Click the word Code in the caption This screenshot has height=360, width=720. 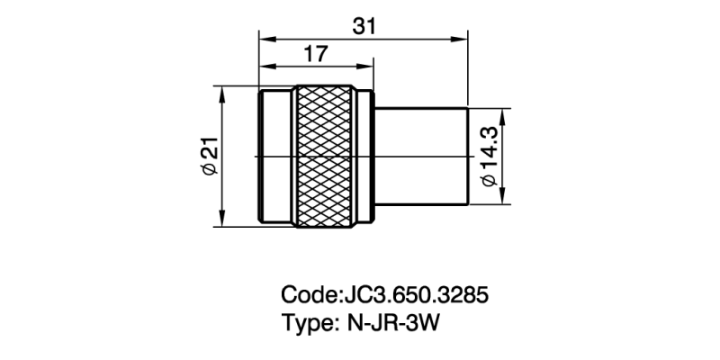tap(309, 295)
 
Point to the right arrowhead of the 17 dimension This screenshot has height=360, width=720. tap(366, 67)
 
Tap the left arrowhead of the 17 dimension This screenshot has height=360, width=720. tap(264, 67)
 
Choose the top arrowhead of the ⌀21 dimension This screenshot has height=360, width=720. tap(220, 93)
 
